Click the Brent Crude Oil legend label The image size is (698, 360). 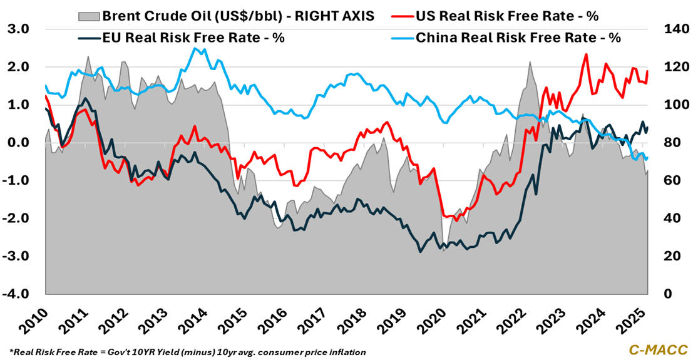(238, 16)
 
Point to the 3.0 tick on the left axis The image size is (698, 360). (18, 29)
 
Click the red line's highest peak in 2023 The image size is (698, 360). (586, 54)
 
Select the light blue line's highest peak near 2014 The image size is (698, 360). (195, 49)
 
